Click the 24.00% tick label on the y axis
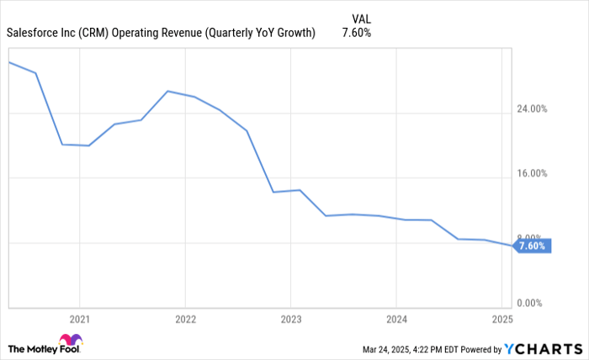click(x=531, y=109)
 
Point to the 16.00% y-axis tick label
click(x=531, y=174)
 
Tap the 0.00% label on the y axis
click(x=533, y=303)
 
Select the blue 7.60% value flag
click(x=532, y=246)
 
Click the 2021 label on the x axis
click(x=79, y=320)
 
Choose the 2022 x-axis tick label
click(x=185, y=320)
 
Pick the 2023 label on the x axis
click(x=290, y=320)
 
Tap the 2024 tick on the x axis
click(x=396, y=320)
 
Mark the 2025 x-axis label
click(x=501, y=320)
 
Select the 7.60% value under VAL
click(x=357, y=33)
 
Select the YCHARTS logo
click(x=543, y=348)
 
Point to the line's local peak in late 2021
click(x=167, y=91)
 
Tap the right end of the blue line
click(x=510, y=245)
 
